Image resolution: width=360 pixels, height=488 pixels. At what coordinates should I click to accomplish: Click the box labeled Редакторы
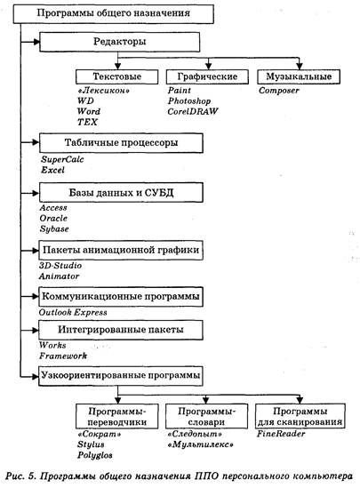[119, 42]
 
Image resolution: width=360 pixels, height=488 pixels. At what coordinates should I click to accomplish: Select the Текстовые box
[117, 76]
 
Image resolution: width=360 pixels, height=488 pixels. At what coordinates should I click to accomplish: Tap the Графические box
[207, 76]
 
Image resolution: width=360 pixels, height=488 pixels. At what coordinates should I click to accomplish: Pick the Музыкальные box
[299, 76]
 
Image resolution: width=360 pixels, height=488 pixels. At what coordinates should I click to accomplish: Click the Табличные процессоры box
[121, 143]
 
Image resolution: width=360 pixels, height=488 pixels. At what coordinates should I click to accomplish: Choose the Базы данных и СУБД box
[121, 193]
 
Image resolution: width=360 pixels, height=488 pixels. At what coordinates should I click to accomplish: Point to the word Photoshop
[189, 100]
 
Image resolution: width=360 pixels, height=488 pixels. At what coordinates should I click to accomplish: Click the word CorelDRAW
[193, 111]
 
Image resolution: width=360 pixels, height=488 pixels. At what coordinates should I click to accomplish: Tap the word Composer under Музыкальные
[279, 91]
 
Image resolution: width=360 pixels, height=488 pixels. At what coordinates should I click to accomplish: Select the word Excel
[53, 170]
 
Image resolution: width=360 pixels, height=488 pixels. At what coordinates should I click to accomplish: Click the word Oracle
[53, 218]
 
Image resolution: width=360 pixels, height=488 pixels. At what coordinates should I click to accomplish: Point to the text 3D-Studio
[60, 266]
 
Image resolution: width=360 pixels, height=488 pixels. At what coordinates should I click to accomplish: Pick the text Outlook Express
[73, 313]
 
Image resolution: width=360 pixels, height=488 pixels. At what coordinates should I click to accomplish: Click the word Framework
[63, 356]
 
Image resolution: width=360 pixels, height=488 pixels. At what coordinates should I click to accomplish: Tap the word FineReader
[281, 434]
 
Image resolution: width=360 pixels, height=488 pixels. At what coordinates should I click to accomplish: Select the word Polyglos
[95, 455]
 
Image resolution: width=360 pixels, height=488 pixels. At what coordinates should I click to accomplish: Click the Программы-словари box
[206, 416]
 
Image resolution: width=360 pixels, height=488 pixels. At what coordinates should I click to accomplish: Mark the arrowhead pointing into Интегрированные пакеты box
[36, 330]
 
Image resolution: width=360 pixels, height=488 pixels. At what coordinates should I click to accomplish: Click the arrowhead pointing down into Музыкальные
[299, 66]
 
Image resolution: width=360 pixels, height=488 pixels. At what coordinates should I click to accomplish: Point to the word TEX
[87, 122]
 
